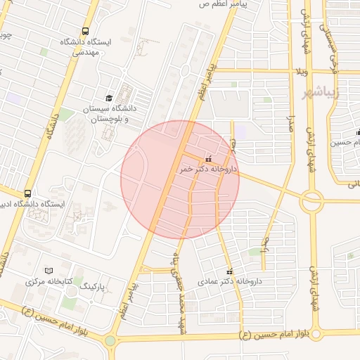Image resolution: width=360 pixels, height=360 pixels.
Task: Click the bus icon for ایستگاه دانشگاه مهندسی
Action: click(85, 32)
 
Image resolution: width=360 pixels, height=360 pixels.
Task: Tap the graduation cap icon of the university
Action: click(108, 98)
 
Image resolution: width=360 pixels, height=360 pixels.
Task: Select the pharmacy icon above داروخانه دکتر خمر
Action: click(208, 159)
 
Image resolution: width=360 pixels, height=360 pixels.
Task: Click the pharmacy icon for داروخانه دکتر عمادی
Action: click(229, 271)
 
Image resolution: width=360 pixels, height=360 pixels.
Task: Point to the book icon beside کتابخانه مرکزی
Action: click(49, 271)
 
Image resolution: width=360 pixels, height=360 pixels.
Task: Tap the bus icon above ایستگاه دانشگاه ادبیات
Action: click(27, 193)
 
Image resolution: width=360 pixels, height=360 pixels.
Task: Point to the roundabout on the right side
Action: click(311, 202)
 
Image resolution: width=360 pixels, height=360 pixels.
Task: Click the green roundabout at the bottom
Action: click(110, 342)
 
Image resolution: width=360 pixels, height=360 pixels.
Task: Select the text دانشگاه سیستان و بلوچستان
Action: click(115, 114)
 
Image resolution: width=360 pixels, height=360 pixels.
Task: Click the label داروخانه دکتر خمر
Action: click(209, 170)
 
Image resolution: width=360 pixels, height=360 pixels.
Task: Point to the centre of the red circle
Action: click(180, 180)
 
